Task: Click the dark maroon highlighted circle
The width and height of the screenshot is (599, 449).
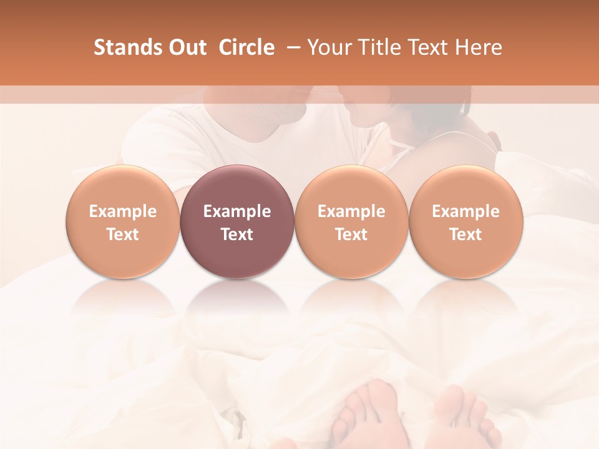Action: [237, 222]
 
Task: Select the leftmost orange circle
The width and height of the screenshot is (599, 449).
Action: [122, 222]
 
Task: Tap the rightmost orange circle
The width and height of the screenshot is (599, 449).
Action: [465, 222]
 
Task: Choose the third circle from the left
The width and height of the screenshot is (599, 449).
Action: [351, 222]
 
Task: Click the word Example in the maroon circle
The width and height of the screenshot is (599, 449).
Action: [237, 211]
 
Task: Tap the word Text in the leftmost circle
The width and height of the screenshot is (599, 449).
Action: [122, 234]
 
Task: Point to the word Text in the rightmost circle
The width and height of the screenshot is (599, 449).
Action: [465, 234]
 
